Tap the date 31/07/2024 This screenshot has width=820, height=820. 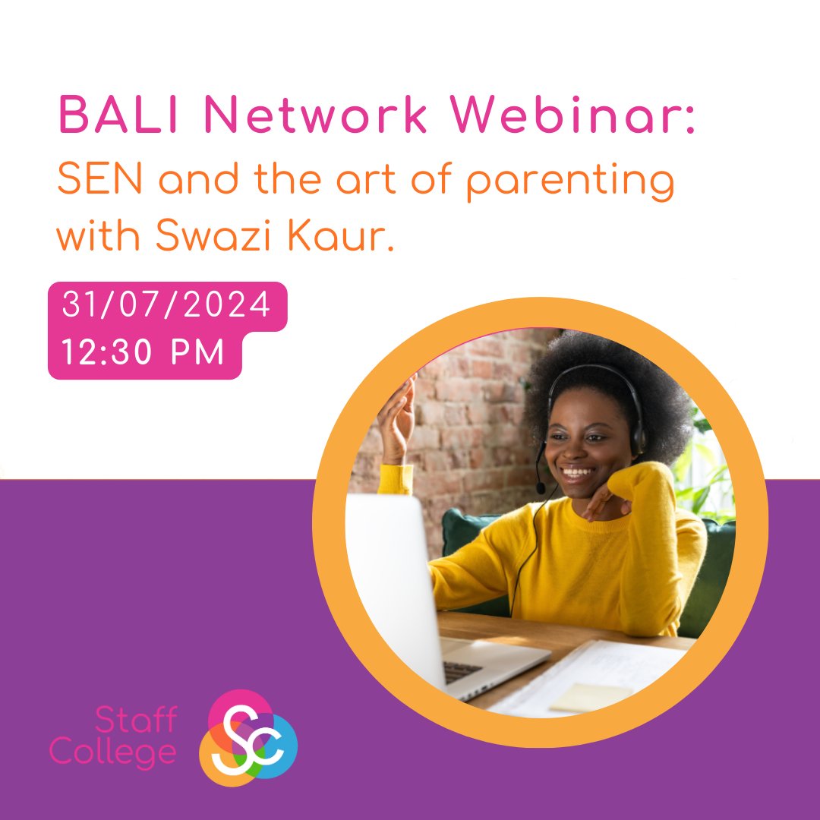166,306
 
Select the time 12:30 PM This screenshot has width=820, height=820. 143,353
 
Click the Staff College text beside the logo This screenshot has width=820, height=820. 114,736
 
